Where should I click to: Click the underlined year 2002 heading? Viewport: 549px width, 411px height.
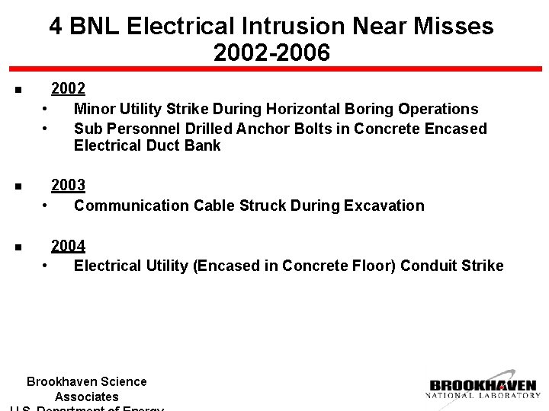click(x=68, y=88)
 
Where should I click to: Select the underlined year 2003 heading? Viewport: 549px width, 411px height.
click(x=68, y=185)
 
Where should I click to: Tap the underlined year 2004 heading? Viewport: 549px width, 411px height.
click(x=68, y=245)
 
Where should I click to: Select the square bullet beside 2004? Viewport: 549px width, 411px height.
click(x=17, y=247)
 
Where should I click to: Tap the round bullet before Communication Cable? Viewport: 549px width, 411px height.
click(x=47, y=205)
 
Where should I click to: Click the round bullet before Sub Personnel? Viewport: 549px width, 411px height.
click(x=47, y=128)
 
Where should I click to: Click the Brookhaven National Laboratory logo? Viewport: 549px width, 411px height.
click(x=483, y=386)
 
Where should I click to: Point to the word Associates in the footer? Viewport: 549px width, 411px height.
click(x=86, y=397)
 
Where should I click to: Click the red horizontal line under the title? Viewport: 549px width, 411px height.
click(x=274, y=69)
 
